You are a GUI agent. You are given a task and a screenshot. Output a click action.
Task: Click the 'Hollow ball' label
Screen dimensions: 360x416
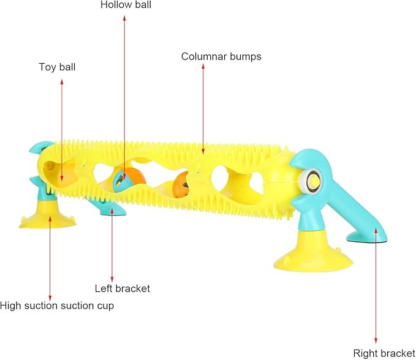point(126,5)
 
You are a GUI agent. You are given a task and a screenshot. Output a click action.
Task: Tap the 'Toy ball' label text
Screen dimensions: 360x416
point(57,67)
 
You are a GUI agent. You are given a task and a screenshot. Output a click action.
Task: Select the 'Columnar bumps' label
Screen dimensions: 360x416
point(221,56)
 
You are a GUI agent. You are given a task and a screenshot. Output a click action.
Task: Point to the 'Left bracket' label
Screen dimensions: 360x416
point(122,288)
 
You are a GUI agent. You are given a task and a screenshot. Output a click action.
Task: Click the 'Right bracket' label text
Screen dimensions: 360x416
point(384,353)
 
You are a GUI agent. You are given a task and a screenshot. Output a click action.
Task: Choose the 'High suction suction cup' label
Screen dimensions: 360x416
point(57,305)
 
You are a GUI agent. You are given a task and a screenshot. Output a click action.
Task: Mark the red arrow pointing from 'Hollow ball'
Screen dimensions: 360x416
point(125,92)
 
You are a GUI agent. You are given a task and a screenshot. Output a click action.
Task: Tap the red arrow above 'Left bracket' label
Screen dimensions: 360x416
point(112,245)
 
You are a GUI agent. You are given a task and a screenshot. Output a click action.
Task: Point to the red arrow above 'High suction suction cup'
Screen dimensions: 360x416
point(50,257)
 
